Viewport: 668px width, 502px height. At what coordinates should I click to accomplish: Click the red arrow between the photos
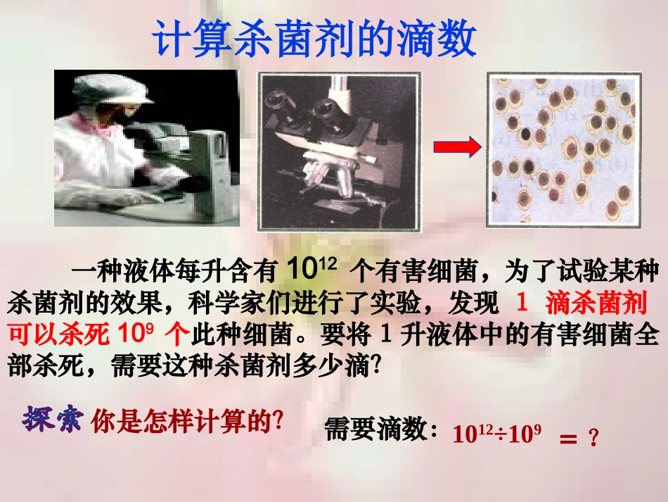[x=456, y=147]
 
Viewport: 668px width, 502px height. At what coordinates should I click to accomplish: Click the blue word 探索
[x=53, y=420]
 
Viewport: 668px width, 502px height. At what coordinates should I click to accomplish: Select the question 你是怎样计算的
[x=186, y=422]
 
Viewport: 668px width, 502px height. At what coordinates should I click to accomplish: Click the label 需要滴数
[x=380, y=428]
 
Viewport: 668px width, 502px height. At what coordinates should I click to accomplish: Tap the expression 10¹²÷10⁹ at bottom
[x=496, y=433]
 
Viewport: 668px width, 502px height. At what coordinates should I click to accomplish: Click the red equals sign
[x=567, y=439]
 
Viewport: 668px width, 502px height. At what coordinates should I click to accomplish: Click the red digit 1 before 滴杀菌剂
[x=522, y=303]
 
